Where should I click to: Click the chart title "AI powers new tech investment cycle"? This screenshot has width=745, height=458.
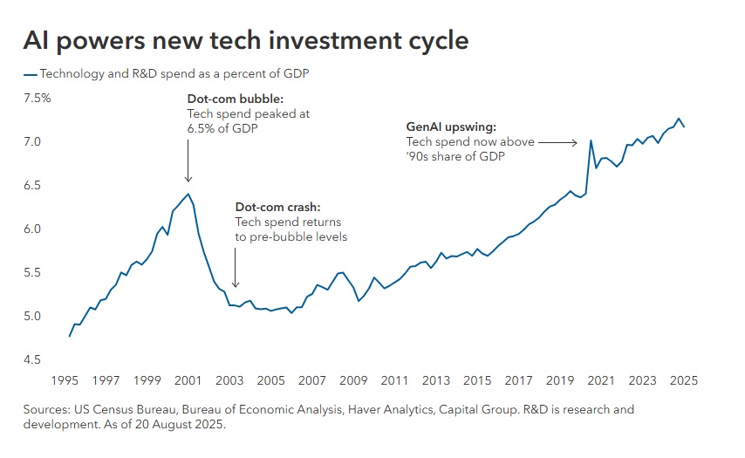245,41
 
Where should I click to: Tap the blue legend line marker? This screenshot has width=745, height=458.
31,74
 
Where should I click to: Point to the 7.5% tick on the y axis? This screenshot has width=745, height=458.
37,98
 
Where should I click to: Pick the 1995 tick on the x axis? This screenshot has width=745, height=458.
65,380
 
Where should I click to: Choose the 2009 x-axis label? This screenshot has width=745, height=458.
353,380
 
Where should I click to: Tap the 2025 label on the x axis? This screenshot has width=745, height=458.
683,380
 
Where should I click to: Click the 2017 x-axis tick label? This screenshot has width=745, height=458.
518,380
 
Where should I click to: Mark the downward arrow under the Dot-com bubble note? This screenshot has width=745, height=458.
188,157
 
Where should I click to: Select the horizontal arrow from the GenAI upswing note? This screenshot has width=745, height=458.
557,141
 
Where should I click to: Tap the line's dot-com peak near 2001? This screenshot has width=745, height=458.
188,194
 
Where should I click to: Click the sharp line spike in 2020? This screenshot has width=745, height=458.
591,140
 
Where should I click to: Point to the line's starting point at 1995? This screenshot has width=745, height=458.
69,336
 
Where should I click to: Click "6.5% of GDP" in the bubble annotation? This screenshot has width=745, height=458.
222,127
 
